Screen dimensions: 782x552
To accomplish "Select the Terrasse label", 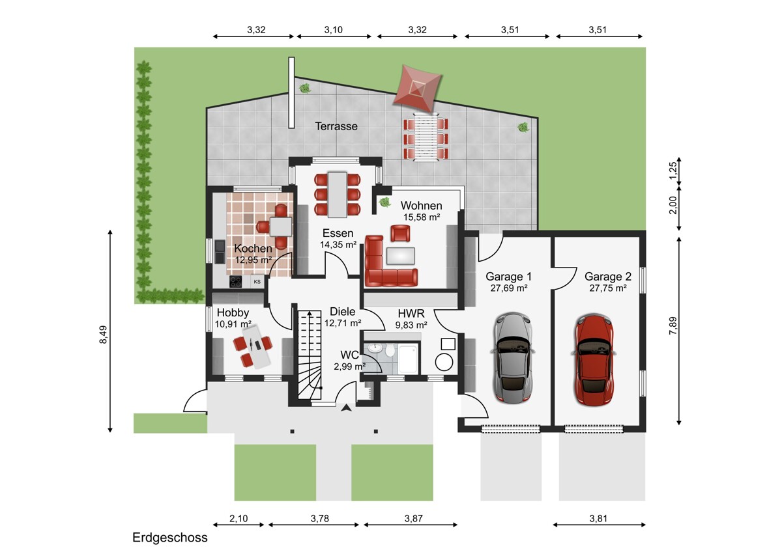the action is (336, 126).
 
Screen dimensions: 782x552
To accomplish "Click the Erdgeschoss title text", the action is (170, 538).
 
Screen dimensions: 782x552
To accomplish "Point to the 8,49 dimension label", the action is (104, 335).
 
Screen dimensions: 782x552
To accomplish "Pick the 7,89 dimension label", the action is (673, 325).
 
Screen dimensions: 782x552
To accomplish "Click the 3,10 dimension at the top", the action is (334, 30).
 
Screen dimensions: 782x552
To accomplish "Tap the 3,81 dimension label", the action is (598, 519).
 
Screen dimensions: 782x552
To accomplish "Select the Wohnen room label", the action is (422, 206).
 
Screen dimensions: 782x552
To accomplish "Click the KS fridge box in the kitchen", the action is (257, 282).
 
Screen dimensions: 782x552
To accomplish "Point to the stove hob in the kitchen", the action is (236, 282).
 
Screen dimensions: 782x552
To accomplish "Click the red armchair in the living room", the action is (400, 233).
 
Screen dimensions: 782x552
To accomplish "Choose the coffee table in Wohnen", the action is (400, 256).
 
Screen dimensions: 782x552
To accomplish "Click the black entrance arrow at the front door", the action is (346, 408).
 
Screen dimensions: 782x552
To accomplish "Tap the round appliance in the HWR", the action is (444, 362).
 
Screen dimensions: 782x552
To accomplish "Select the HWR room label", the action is (411, 313).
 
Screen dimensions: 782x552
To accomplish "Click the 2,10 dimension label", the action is (239, 519).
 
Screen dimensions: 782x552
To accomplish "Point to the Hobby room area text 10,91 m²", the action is (233, 324).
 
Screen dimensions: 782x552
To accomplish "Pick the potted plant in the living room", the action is (384, 202).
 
